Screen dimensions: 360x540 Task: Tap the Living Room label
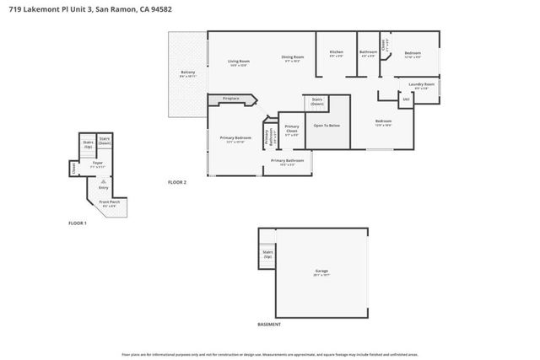point(238,62)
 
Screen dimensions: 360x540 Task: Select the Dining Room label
point(293,57)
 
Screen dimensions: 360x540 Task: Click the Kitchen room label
point(336,53)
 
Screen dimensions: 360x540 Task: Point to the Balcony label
point(188,73)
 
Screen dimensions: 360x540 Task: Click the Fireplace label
point(230,99)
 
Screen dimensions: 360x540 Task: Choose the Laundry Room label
point(421,84)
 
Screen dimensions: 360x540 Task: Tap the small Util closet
point(406,99)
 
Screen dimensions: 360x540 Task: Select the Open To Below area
point(327,126)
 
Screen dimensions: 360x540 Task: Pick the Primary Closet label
point(292,129)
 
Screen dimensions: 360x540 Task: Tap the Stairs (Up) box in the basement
point(267,253)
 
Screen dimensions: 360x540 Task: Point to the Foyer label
point(97,163)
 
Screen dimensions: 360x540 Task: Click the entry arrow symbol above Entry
point(103,180)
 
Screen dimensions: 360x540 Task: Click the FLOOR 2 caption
point(176,182)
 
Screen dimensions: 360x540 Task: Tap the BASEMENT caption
point(269,325)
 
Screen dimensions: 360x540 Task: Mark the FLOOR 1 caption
point(78,223)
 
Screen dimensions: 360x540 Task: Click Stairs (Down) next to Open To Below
point(316,100)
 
